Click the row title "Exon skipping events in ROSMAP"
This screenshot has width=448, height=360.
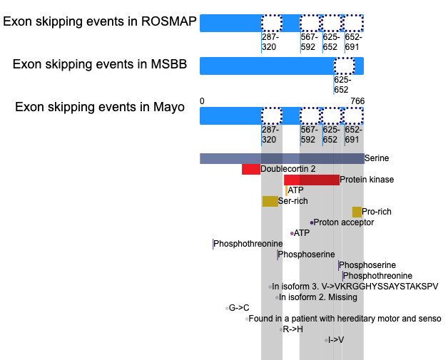coord(100,21)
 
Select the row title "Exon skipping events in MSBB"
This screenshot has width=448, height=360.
coord(100,64)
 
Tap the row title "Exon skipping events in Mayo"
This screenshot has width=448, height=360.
coord(100,107)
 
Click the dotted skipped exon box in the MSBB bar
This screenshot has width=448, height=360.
coord(345,66)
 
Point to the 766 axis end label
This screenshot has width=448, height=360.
coord(357,101)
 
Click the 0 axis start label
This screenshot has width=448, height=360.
coord(202,101)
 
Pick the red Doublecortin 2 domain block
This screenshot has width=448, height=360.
coord(251,169)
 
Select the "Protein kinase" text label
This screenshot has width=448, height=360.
coord(367,180)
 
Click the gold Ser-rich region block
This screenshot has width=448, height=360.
coord(270,201)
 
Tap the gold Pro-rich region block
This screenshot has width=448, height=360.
coord(357,212)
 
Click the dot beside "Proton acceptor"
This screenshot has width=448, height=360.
coord(312,222)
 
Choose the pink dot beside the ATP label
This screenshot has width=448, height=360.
coord(292,234)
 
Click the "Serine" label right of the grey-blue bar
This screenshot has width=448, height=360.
coord(377,158)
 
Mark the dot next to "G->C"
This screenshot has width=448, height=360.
coord(227,309)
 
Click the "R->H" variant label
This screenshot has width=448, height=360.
coord(293,329)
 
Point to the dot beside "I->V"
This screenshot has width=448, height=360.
coord(326,340)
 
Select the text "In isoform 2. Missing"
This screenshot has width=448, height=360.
coord(318,297)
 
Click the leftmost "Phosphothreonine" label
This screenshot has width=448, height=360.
coord(248,244)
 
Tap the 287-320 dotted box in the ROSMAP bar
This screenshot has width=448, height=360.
coord(272,23)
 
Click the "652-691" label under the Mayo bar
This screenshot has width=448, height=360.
coord(353,135)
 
